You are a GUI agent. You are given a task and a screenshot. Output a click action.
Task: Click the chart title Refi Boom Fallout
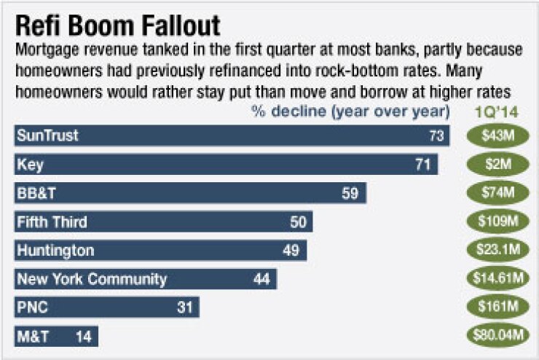117,26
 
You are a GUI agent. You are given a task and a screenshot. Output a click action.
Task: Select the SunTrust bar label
47,136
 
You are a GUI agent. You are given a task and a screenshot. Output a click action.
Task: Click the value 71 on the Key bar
423,165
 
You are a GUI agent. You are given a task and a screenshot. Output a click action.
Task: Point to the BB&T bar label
37,193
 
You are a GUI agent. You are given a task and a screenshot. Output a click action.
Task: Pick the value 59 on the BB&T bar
350,193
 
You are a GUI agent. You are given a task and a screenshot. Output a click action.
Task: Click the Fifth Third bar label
51,222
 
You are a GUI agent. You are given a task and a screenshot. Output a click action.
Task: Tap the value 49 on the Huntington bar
291,251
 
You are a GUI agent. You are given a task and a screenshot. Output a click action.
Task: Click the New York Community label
91,279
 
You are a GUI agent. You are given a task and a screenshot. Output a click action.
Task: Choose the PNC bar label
32,308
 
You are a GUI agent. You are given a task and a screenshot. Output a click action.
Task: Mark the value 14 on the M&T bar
82,337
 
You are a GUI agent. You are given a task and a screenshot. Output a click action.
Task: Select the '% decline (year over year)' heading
350,112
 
